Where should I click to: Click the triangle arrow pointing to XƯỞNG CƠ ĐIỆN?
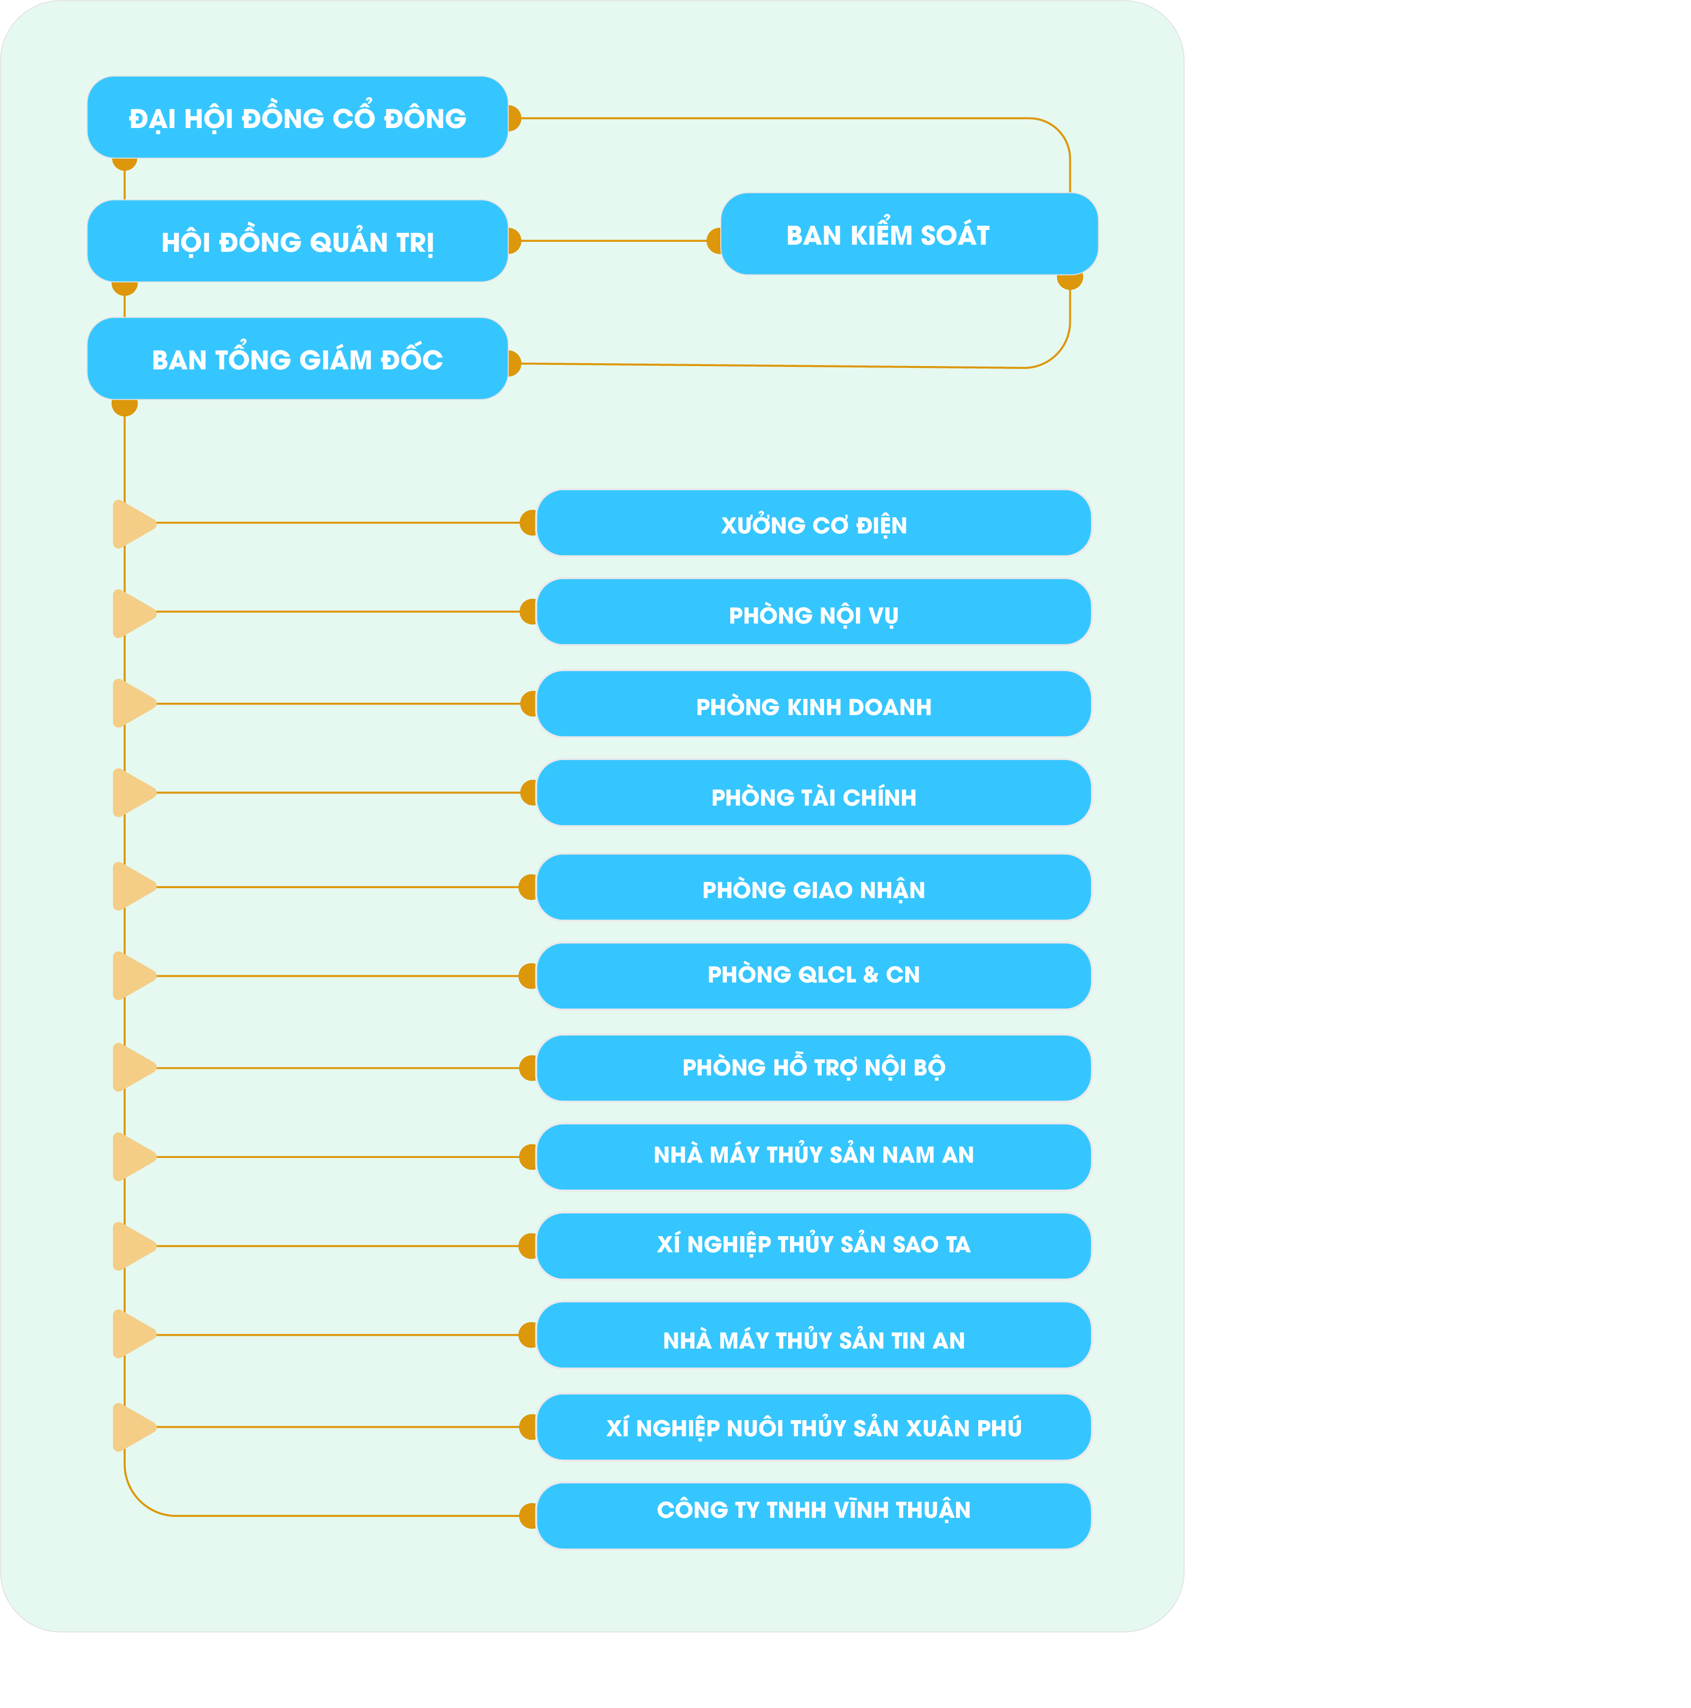(x=133, y=523)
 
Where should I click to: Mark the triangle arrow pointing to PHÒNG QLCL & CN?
(x=133, y=976)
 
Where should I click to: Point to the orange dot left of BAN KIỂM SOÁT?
(x=714, y=240)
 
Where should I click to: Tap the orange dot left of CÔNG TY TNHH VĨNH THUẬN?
(x=528, y=1515)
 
